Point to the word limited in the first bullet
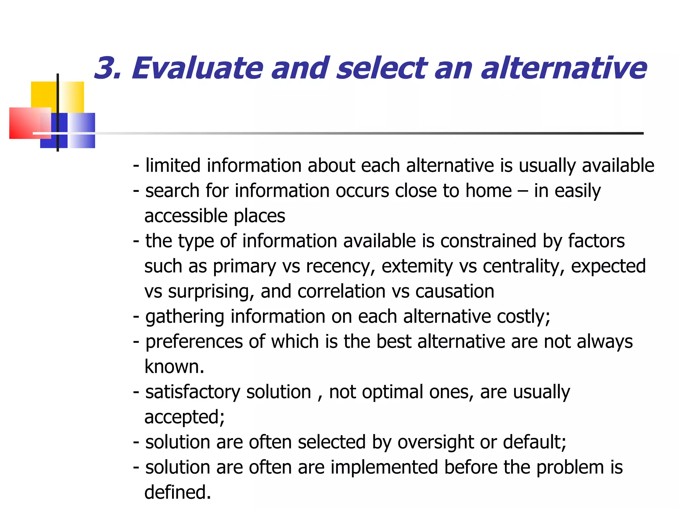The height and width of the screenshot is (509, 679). [173, 165]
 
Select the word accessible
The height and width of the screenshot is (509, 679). [186, 216]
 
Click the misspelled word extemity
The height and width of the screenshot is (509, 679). [417, 266]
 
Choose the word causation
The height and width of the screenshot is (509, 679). [455, 292]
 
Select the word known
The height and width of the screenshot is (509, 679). [174, 367]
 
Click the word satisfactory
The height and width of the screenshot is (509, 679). [193, 392]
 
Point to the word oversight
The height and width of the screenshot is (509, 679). [435, 442]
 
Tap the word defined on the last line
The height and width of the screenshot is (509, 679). [177, 492]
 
